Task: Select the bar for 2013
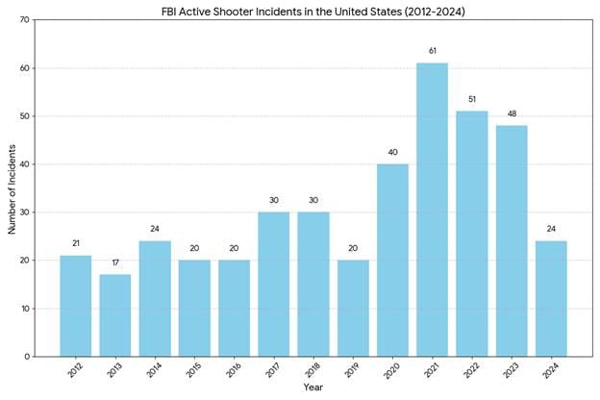pos(114,315)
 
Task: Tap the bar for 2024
pos(551,298)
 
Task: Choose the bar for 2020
pos(392,260)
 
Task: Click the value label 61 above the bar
pos(432,50)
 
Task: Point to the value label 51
pos(471,98)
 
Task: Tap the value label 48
pos(512,112)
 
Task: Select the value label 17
pos(114,262)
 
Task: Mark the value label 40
pos(392,151)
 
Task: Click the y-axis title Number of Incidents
pos(12,187)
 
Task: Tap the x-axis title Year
pos(313,388)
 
